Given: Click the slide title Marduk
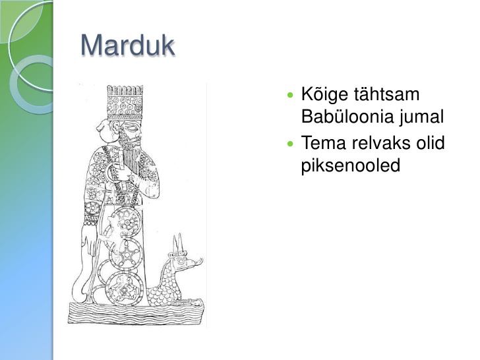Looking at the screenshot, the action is click(128, 45).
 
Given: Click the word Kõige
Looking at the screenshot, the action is click(324, 94).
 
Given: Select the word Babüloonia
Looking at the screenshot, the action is click(347, 116).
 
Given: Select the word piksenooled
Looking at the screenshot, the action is click(351, 165).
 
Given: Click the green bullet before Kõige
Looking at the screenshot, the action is click(290, 94).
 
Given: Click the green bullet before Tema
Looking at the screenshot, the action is click(290, 143).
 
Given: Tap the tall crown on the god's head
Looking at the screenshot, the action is click(125, 103).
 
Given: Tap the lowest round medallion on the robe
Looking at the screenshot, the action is click(124, 289).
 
